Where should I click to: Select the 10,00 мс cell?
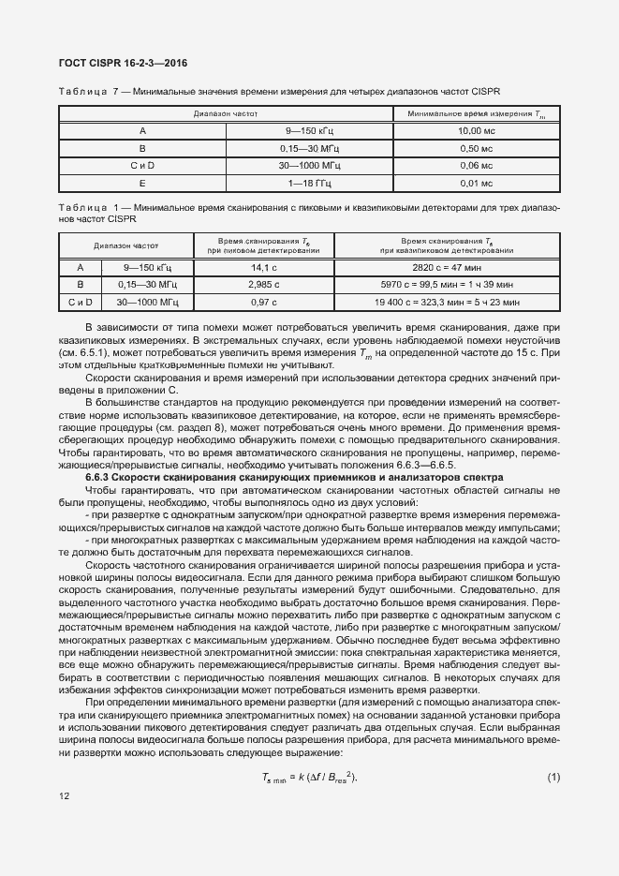(x=476, y=131)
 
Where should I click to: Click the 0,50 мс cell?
(x=476, y=148)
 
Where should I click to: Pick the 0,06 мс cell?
(x=476, y=166)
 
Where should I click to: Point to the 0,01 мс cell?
(x=476, y=184)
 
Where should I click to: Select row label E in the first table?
(x=142, y=184)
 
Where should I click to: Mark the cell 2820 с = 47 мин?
(x=447, y=267)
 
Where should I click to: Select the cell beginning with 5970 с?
(x=447, y=284)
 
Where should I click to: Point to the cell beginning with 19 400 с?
(x=447, y=302)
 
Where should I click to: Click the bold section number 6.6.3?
(x=99, y=477)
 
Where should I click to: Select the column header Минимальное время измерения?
(x=476, y=113)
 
